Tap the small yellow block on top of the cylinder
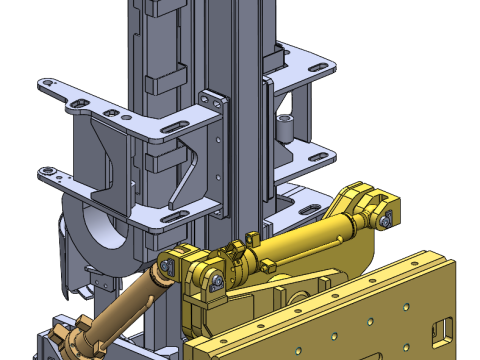(x=251, y=237)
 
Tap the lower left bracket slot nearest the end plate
(x=170, y=213)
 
